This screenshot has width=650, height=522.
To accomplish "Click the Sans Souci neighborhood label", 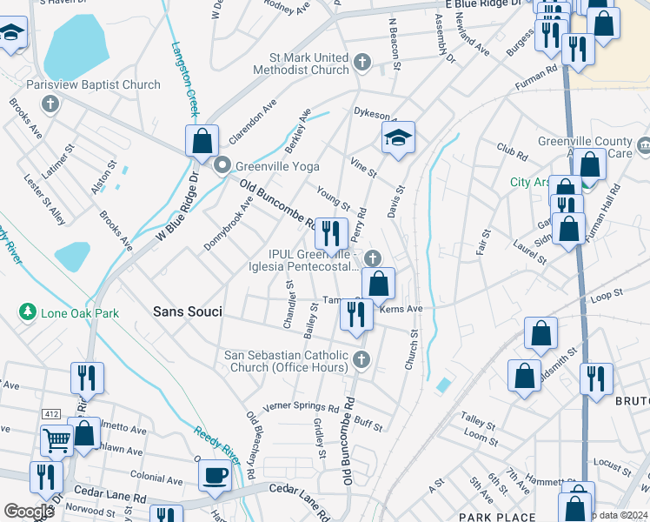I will point(186,311).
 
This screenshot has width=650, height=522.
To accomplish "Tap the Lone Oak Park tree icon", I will point(28,311).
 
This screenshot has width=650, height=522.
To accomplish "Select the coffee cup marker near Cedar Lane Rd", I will point(215,475).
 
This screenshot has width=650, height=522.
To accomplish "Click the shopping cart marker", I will point(56,440).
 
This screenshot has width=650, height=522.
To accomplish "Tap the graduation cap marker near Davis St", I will point(398,137).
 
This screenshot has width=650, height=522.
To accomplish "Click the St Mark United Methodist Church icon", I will point(362,63).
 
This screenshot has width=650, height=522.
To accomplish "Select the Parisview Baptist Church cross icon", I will point(50,104).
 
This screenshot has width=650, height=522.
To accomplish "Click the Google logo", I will point(29,512).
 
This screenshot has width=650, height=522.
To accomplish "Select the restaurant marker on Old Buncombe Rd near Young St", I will point(330,232).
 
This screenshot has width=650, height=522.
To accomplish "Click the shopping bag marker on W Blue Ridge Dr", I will point(202,141).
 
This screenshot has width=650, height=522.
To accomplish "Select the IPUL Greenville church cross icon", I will point(373,257).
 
